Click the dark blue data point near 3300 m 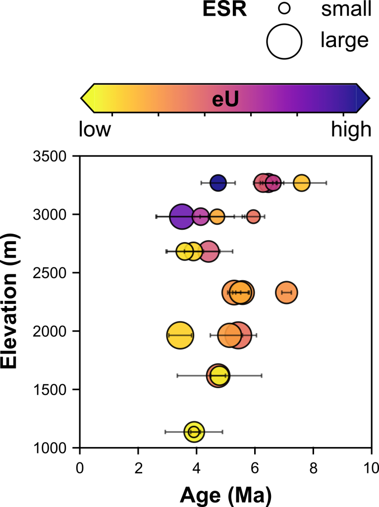point(218,183)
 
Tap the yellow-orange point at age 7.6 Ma point(302,183)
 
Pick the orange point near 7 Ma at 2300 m point(286,292)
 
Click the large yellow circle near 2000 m point(180,335)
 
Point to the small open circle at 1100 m point(194,432)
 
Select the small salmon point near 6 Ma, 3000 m point(253,216)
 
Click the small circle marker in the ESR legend point(284,8)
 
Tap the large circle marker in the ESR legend point(284,42)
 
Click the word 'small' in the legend point(346,9)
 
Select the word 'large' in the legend point(344,41)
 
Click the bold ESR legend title point(224,9)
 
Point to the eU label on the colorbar point(225,99)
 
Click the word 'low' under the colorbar point(95,129)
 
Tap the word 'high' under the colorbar point(351,130)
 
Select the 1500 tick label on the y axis point(50,390)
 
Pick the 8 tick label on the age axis point(313,468)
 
